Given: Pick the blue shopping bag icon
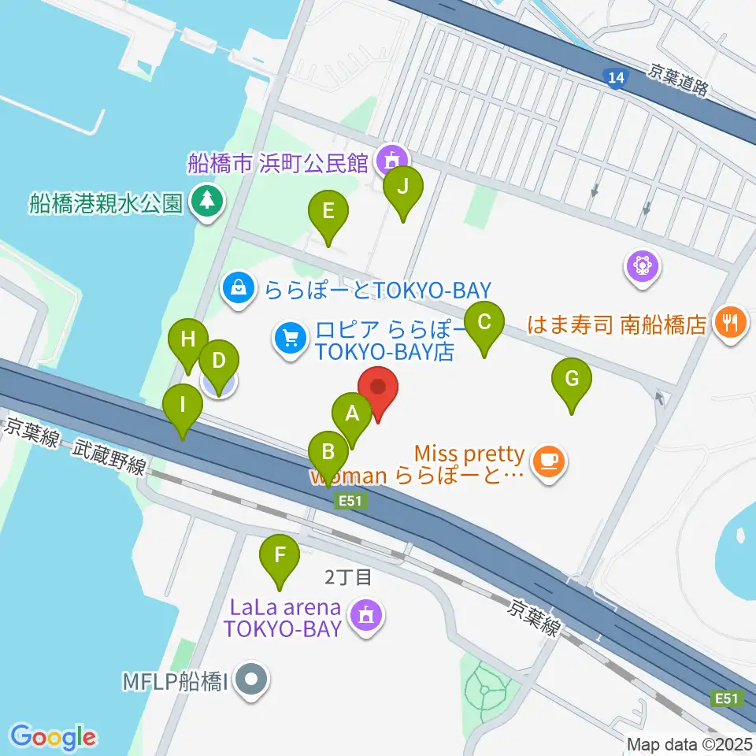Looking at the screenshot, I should click(x=237, y=288).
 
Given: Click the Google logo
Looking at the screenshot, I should click(x=53, y=738).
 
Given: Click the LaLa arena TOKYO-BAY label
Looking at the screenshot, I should click(x=283, y=618).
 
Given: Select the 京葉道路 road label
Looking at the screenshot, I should click(x=680, y=80).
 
